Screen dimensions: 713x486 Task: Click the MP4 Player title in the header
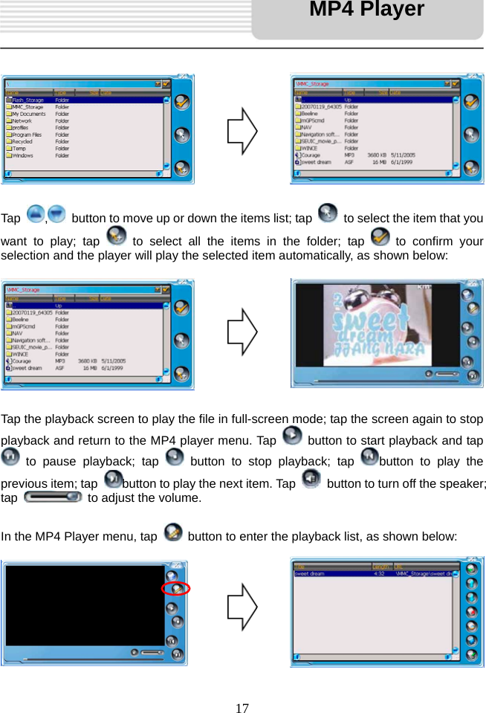[366, 10]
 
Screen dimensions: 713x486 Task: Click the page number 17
[242, 707]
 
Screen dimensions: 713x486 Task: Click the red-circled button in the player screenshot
[176, 589]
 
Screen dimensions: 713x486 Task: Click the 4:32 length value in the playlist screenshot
[378, 573]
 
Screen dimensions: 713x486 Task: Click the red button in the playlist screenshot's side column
[471, 613]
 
